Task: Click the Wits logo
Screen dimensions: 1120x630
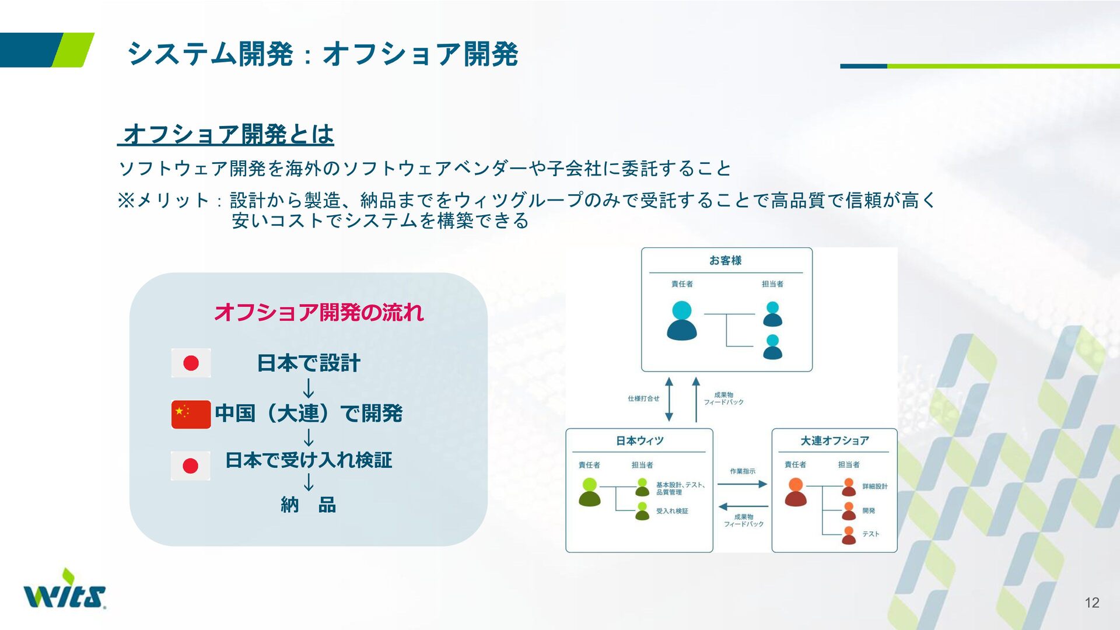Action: pyautogui.click(x=65, y=589)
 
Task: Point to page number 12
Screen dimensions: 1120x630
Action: pyautogui.click(x=1092, y=603)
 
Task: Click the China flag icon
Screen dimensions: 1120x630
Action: pyautogui.click(x=191, y=414)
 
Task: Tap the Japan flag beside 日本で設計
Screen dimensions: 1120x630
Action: pyautogui.click(x=191, y=363)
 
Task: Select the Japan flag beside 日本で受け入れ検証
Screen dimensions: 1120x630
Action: pyautogui.click(x=190, y=466)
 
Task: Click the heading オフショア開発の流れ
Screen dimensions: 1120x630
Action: pyautogui.click(x=318, y=312)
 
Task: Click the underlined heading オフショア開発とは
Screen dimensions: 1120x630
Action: pyautogui.click(x=226, y=134)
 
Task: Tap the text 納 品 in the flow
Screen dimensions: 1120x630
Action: pyautogui.click(x=308, y=505)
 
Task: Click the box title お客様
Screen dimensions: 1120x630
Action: pyautogui.click(x=725, y=260)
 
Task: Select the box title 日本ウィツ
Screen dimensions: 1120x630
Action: pyautogui.click(x=639, y=440)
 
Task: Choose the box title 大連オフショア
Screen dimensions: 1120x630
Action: pyautogui.click(x=834, y=440)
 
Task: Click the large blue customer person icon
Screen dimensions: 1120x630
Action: pyautogui.click(x=682, y=320)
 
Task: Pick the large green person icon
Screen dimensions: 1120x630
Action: pyautogui.click(x=590, y=492)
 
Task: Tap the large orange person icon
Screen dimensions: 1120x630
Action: pyautogui.click(x=796, y=492)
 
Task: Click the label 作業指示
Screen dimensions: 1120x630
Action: pyautogui.click(x=743, y=471)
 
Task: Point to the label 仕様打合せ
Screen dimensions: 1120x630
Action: pyautogui.click(x=643, y=398)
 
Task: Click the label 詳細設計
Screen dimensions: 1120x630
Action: pyautogui.click(x=875, y=486)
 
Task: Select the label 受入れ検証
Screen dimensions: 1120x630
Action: pyautogui.click(x=672, y=511)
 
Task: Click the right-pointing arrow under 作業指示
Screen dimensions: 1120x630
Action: pyautogui.click(x=742, y=484)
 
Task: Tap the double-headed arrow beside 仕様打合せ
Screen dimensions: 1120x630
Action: pyautogui.click(x=669, y=399)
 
